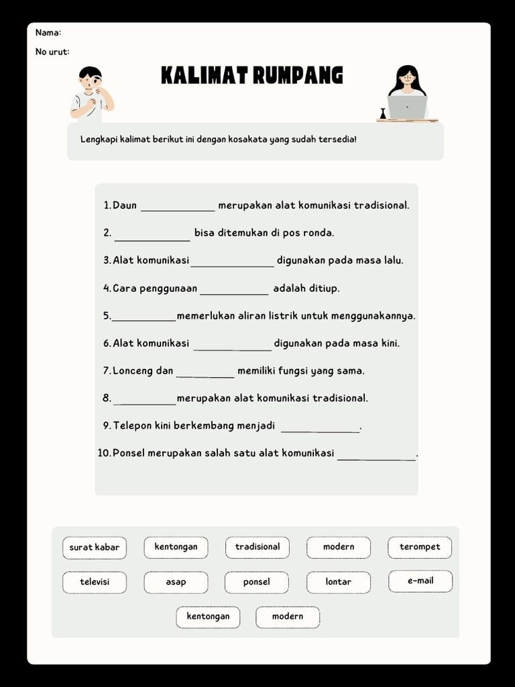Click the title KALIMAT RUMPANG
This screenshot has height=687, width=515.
pyautogui.click(x=251, y=75)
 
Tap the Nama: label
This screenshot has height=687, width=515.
pyautogui.click(x=48, y=33)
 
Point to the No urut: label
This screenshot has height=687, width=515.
pyautogui.click(x=52, y=52)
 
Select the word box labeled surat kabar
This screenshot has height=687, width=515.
pyautogui.click(x=95, y=547)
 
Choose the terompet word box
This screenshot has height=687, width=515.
pyautogui.click(x=420, y=547)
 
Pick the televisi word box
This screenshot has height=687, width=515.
pyautogui.click(x=95, y=582)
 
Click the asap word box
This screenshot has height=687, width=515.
pyautogui.click(x=176, y=582)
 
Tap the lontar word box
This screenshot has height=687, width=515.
pyautogui.click(x=338, y=582)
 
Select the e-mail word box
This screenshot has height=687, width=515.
pyautogui.click(x=420, y=580)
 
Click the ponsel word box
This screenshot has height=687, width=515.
pyautogui.click(x=257, y=582)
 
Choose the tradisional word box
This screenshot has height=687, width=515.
pyautogui.click(x=257, y=547)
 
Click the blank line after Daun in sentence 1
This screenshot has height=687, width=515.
pyautogui.click(x=177, y=209)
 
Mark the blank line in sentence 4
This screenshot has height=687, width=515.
pyautogui.click(x=234, y=292)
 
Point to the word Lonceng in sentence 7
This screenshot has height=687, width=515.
pyautogui.click(x=133, y=370)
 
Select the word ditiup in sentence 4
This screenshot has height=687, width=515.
pyautogui.click(x=324, y=288)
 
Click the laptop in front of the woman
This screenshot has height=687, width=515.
pyautogui.click(x=407, y=107)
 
